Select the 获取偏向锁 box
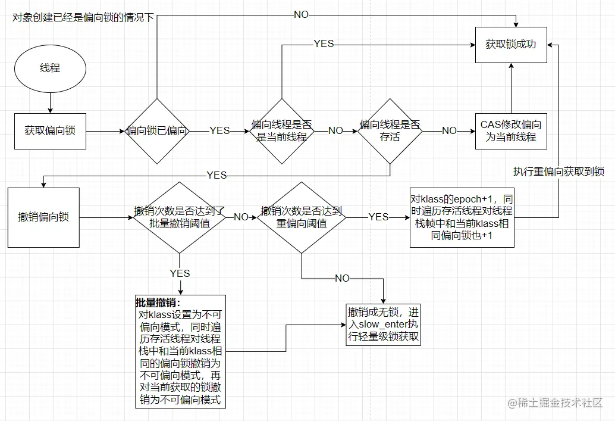coord(50,131)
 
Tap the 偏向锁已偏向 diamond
coord(157,131)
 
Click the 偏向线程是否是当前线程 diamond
coord(281,131)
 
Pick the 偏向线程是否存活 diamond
coord(390,131)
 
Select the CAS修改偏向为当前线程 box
coord(511,131)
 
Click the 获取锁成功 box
coord(511,44)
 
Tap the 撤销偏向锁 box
coord(43,217)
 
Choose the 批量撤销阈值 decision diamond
coord(179,217)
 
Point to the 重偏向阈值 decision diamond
coord(302,217)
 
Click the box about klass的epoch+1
coord(462,217)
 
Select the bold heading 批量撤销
coord(158,303)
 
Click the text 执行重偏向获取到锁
coord(558,171)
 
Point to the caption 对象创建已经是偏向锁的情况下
coord(83,17)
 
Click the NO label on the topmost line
coord(301,14)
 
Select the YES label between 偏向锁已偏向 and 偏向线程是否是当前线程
coord(219,131)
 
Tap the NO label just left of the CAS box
coord(449,131)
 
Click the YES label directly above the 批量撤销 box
coord(180,273)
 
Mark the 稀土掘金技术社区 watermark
coord(556,403)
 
